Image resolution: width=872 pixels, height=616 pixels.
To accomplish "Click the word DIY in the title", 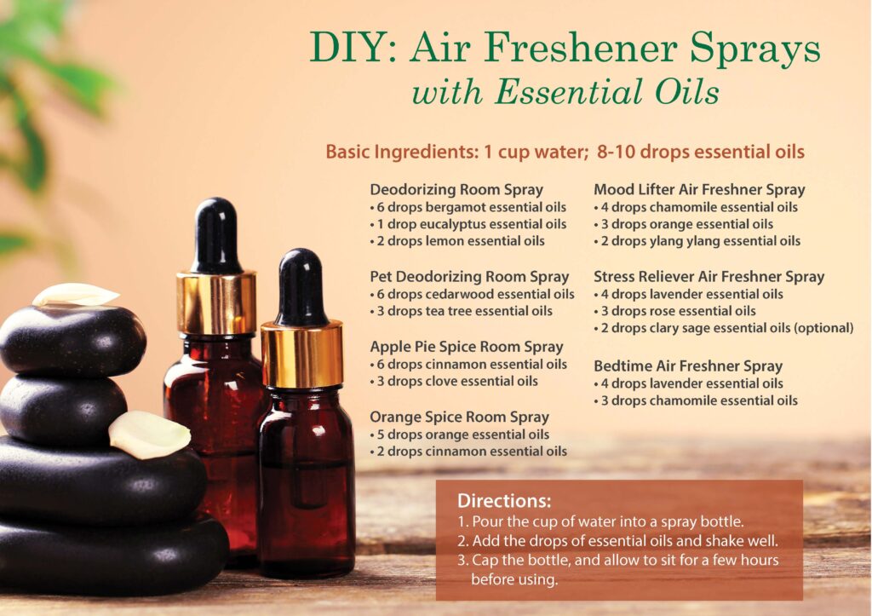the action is click(353, 47).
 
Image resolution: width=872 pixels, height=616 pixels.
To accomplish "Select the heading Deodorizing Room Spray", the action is click(456, 190).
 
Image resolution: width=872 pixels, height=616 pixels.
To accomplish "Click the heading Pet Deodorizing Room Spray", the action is click(469, 277).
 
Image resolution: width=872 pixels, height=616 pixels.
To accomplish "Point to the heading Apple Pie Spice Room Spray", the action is click(467, 347).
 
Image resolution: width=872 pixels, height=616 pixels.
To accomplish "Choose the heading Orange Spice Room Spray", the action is click(459, 417).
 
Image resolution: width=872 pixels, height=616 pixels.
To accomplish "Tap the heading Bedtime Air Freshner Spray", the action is click(688, 366).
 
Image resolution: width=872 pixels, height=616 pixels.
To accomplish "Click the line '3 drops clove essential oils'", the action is click(454, 382).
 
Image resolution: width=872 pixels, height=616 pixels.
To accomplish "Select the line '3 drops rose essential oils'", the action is click(674, 312).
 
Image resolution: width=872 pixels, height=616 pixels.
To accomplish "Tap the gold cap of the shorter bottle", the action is click(301, 354).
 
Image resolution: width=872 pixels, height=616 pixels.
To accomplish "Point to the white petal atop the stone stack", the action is click(76, 295).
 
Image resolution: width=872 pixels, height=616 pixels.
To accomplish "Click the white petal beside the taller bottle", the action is click(149, 435).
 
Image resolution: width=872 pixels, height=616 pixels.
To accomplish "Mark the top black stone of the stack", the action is click(72, 340).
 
